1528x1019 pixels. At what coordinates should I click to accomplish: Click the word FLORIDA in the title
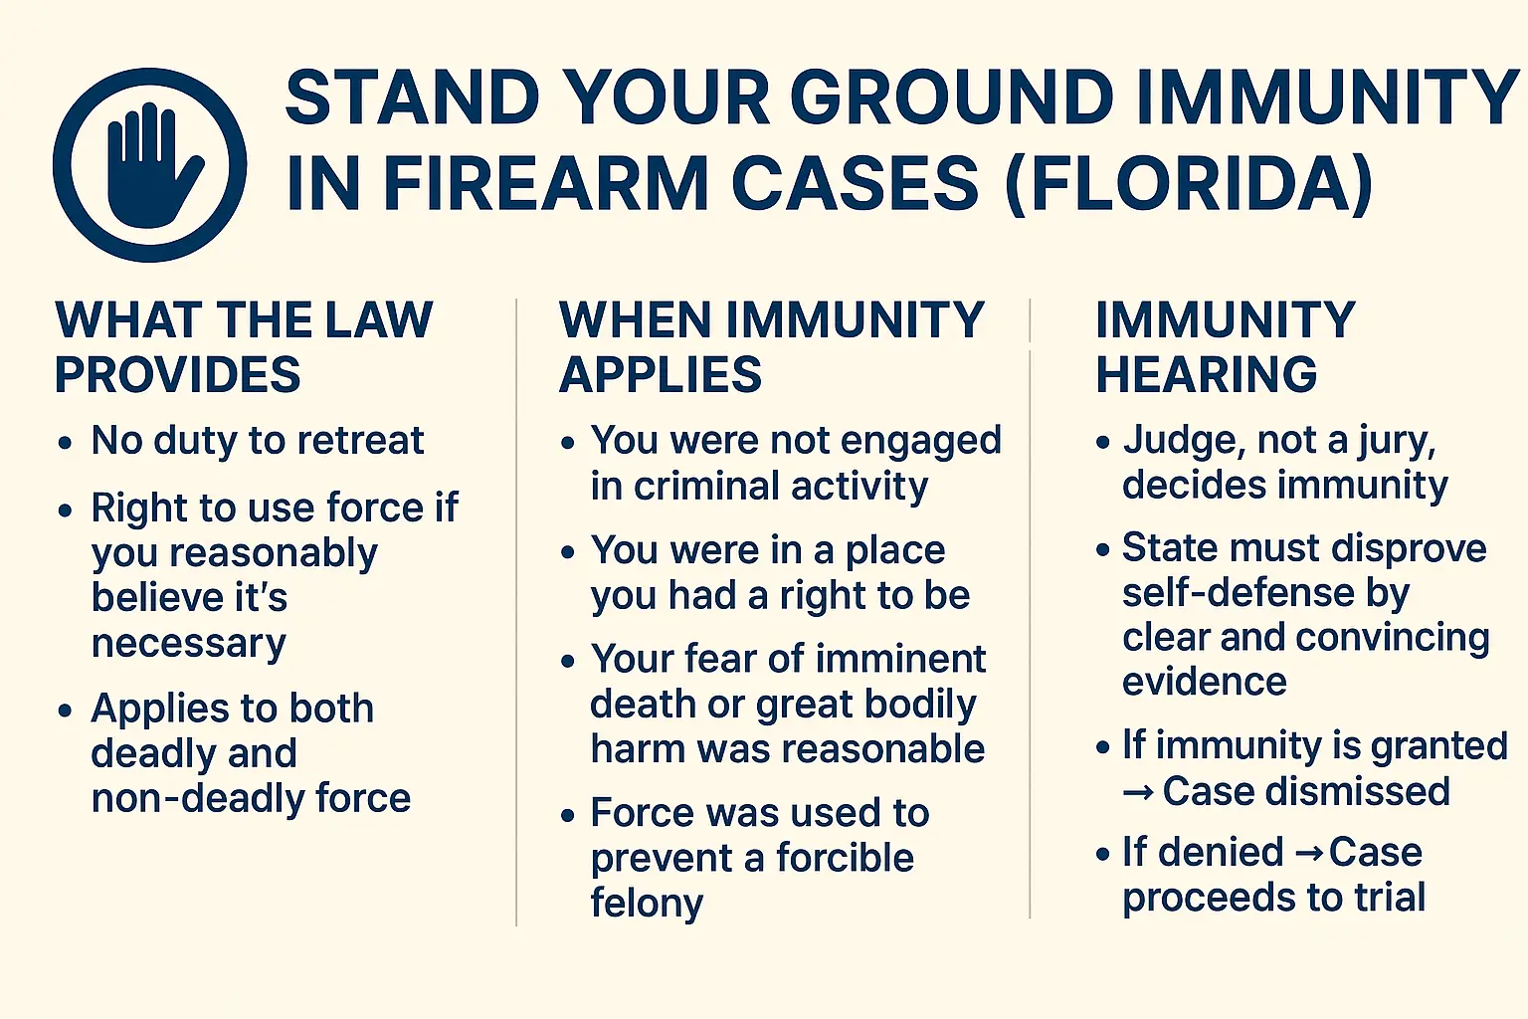(1189, 184)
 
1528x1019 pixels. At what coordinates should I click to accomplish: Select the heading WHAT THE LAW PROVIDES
(244, 346)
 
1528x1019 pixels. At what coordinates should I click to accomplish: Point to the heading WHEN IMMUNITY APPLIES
(771, 346)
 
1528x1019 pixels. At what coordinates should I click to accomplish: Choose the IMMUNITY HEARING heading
(1225, 346)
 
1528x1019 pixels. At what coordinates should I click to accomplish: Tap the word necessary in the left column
(188, 644)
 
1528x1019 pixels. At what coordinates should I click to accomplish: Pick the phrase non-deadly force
(251, 798)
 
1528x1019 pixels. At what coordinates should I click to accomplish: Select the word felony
(647, 904)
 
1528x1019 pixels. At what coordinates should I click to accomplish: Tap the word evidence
(1204, 682)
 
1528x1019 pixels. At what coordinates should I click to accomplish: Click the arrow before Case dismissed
(1139, 792)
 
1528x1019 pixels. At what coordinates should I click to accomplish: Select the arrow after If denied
(1309, 853)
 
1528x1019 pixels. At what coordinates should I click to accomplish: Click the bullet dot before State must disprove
(1102, 549)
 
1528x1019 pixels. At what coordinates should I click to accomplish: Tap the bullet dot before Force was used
(568, 815)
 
